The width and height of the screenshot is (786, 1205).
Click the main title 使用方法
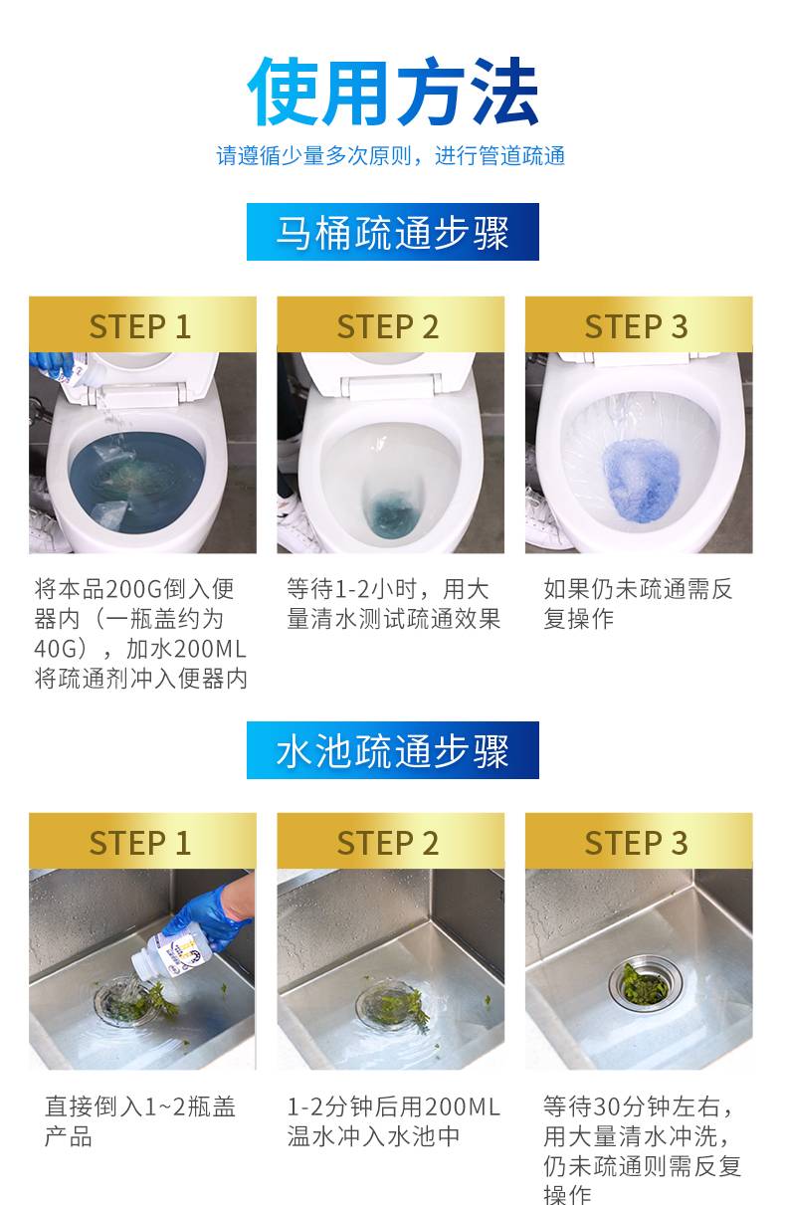[x=393, y=92]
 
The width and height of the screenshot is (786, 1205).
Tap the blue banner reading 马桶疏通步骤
[x=393, y=232]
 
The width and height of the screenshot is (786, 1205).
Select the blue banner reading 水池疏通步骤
[x=393, y=750]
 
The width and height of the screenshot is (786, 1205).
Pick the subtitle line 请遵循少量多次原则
[x=313, y=156]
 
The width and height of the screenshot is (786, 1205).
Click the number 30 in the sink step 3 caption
[x=606, y=1107]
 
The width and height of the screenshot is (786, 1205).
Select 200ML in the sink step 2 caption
[x=462, y=1107]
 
